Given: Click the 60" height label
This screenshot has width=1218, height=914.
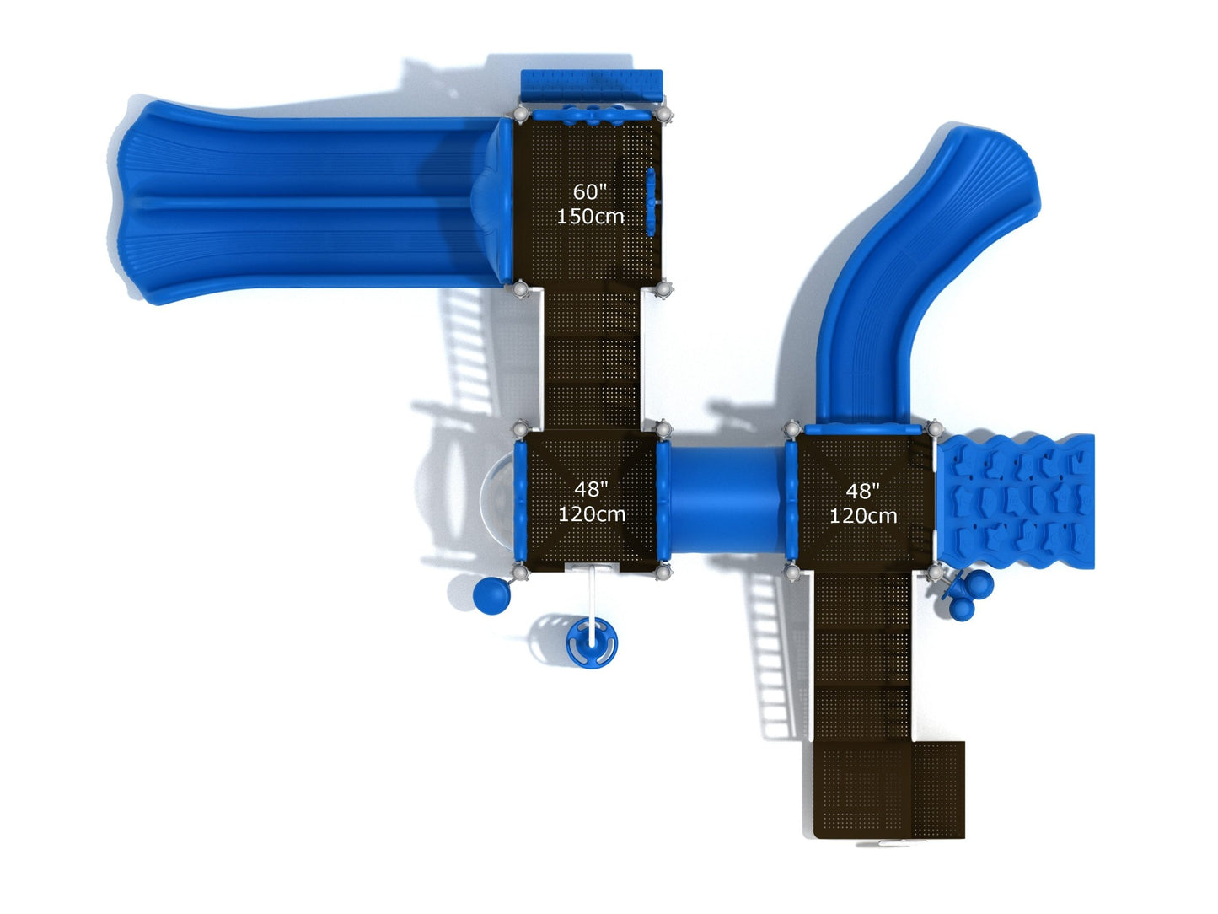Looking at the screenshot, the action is (590, 191).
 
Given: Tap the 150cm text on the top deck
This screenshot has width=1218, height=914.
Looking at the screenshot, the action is (590, 216).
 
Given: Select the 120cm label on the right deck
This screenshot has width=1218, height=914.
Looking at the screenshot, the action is (863, 515).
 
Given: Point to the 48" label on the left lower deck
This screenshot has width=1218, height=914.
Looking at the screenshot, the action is (591, 489).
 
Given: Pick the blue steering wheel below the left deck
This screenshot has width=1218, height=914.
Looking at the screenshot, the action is (592, 643).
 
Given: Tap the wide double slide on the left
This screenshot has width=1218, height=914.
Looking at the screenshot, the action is (311, 202).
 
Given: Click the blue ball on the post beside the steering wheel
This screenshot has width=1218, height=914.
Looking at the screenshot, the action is (491, 595).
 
